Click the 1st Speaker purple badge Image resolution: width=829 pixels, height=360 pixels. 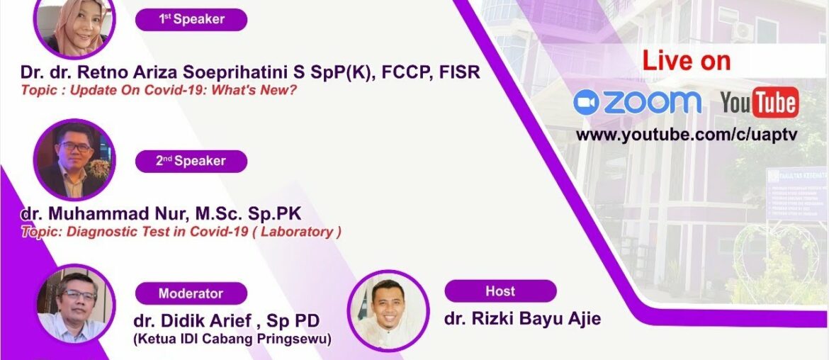tap(191, 20)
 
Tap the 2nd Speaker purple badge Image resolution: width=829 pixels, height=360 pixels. tap(191, 161)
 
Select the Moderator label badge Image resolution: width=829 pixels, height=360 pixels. tap(191, 293)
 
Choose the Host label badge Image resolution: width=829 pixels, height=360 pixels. tap(500, 291)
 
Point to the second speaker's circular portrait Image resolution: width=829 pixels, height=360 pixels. tap(74, 159)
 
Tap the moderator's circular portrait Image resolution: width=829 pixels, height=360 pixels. tap(74, 305)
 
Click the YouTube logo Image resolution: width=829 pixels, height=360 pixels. tap(760, 103)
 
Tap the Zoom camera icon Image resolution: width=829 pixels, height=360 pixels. tap(587, 103)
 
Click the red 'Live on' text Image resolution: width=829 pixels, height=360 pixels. tap(686, 62)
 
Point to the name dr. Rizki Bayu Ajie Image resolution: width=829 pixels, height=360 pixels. tap(522, 319)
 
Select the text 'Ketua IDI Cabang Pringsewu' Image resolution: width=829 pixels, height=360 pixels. tap(232, 339)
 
